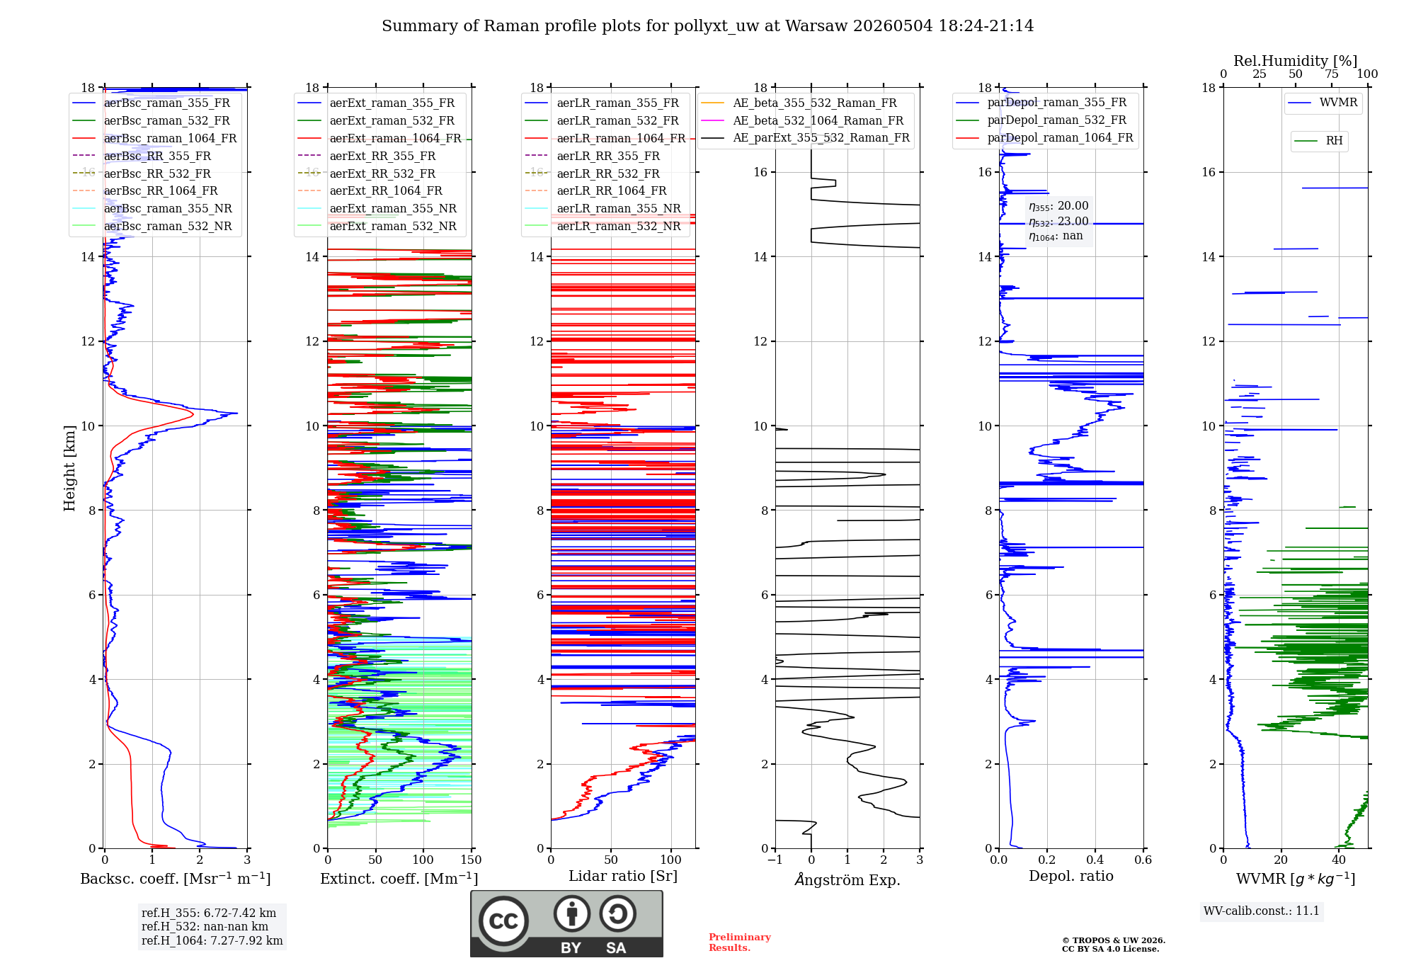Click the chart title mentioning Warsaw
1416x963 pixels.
click(707, 26)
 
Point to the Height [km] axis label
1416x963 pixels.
click(69, 468)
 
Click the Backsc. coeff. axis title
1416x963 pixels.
click(176, 879)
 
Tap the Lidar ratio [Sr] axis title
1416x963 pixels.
click(623, 876)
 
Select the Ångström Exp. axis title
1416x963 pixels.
click(847, 879)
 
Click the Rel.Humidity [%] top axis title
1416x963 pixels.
click(1296, 61)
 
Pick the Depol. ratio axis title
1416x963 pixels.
click(1071, 876)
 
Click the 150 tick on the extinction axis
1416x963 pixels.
click(471, 860)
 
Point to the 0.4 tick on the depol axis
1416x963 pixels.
click(1095, 860)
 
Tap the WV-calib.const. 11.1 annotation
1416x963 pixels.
click(1262, 911)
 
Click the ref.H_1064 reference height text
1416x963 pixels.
click(212, 940)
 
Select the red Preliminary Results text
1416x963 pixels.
click(740, 942)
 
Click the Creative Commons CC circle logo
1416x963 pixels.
click(503, 921)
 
